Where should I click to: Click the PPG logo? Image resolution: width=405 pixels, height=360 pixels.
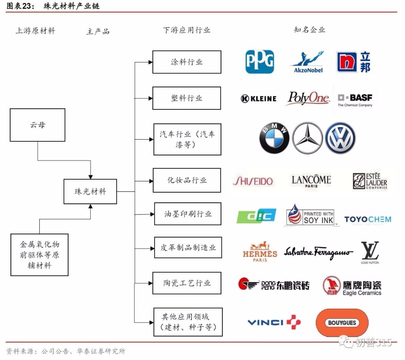point(260,62)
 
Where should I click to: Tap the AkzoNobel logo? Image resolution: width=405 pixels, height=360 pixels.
point(308,62)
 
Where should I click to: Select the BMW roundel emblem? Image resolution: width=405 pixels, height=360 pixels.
point(274,138)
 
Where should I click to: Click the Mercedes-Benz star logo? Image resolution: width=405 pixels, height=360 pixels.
point(307,138)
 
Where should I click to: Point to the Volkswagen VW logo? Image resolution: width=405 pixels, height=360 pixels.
point(340,138)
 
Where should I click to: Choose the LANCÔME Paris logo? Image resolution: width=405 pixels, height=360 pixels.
point(311,181)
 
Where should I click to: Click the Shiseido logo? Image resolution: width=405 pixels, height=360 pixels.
point(253,181)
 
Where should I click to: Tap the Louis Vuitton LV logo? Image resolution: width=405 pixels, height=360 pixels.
point(370,253)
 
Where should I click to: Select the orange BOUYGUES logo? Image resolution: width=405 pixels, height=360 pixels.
point(342,323)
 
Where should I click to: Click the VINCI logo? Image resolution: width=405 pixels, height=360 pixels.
point(274,322)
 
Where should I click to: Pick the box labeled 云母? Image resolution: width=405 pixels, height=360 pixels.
point(38,125)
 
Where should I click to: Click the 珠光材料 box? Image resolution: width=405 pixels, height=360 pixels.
point(90,192)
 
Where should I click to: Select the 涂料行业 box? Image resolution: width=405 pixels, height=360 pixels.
point(187,62)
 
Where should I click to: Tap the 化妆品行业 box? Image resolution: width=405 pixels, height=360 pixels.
point(187,180)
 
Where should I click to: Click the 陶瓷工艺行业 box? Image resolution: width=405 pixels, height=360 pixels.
point(187,283)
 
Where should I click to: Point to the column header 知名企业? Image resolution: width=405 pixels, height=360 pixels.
point(309,30)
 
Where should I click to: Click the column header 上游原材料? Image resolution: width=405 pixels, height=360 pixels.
point(35,31)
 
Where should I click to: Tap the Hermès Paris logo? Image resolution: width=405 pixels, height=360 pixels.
point(260,252)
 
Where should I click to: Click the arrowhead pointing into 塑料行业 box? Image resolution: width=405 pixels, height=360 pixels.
point(150,98)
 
